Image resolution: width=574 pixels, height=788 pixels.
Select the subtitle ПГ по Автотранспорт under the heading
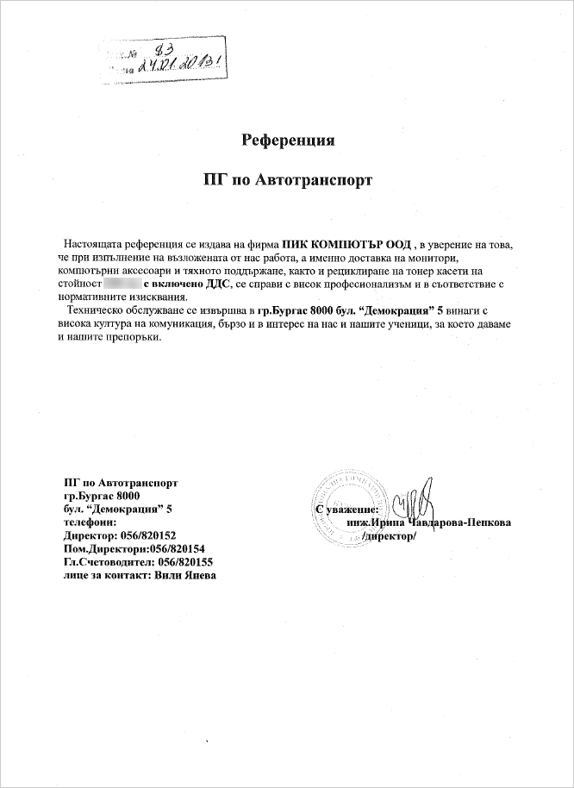287,181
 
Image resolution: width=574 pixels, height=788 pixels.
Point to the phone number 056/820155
181,561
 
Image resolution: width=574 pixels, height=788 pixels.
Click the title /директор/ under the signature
390,536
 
